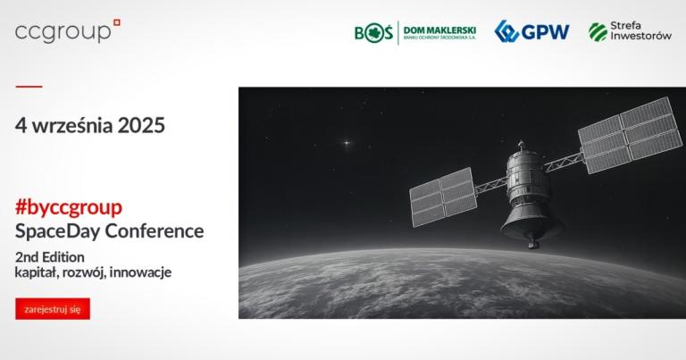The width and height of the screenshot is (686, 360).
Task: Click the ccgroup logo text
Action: click(63, 32)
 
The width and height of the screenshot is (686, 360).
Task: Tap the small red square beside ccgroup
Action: click(117, 23)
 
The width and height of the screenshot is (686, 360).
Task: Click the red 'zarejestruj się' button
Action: click(53, 309)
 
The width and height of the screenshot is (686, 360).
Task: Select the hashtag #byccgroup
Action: click(69, 207)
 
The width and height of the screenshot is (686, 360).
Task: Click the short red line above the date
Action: click(29, 87)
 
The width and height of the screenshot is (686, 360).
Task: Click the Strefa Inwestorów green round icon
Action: click(597, 31)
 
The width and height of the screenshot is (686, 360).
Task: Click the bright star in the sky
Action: click(346, 143)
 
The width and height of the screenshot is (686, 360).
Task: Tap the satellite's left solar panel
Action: click(443, 196)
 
